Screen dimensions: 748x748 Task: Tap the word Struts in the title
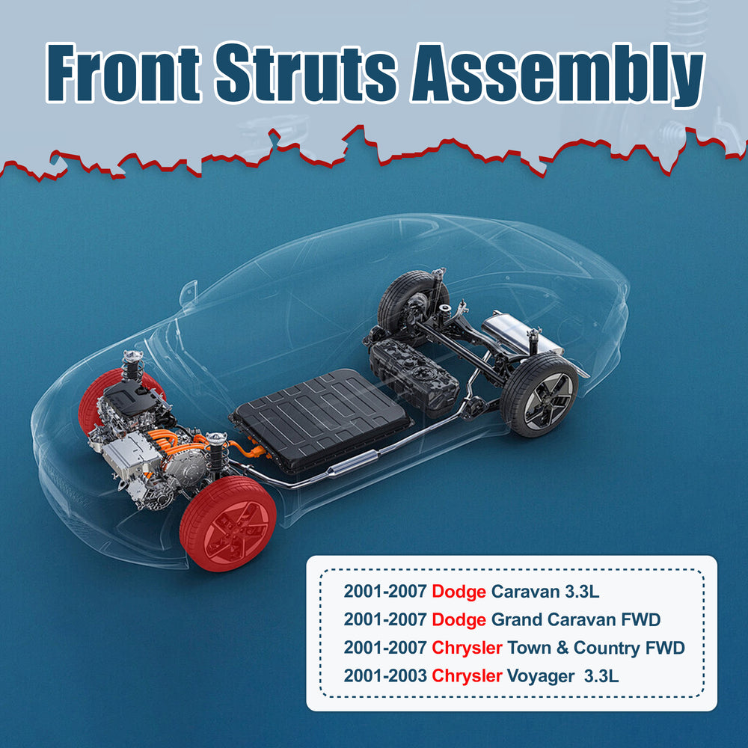coord(306,73)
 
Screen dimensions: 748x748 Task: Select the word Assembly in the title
coord(558,76)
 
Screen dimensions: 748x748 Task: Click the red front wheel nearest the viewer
coord(228,524)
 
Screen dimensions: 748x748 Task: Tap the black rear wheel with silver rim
coord(539,395)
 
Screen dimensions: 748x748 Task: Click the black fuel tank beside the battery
coord(414,376)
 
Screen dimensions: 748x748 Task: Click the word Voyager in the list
coord(541,676)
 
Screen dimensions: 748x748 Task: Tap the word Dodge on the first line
coord(459,592)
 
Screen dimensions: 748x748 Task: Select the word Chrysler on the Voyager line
coord(467,676)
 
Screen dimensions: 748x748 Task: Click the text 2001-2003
coord(385,676)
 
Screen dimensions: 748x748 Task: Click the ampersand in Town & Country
coord(562,648)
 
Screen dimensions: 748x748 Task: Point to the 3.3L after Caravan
coord(581,592)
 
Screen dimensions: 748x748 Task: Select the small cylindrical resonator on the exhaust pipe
coord(352,464)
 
